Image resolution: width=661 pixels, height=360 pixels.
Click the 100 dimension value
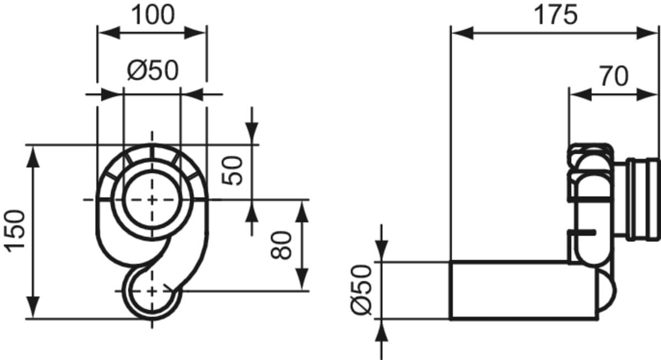click(153, 15)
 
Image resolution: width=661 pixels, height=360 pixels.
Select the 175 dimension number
click(556, 15)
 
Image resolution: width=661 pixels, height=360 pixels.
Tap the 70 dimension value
click(614, 76)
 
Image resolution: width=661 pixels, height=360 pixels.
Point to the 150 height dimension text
click(15, 231)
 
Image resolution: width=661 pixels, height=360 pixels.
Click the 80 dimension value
click(281, 246)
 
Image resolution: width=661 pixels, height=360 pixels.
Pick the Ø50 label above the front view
click(153, 70)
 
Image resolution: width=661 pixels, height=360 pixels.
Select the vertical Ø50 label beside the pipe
click(361, 290)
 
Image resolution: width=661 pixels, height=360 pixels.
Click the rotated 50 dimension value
click(232, 171)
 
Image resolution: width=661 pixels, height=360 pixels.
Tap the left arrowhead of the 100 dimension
click(109, 32)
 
